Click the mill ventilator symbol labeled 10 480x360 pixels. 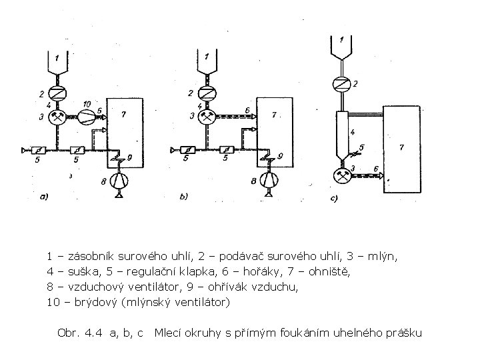tap(87, 117)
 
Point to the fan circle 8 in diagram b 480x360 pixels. tap(269, 179)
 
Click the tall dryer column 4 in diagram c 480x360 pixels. tap(343, 133)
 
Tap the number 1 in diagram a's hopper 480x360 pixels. tap(58, 57)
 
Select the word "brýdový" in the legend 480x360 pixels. tap(87, 303)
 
